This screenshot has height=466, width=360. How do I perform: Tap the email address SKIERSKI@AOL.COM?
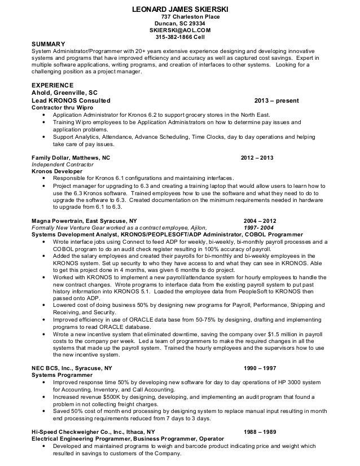179,30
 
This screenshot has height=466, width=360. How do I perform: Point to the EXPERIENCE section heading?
52,85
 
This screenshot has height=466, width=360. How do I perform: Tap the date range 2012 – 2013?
257,158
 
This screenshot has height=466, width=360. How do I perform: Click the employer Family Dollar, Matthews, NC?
71,158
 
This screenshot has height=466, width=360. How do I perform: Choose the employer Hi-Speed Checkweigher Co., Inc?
76,432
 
